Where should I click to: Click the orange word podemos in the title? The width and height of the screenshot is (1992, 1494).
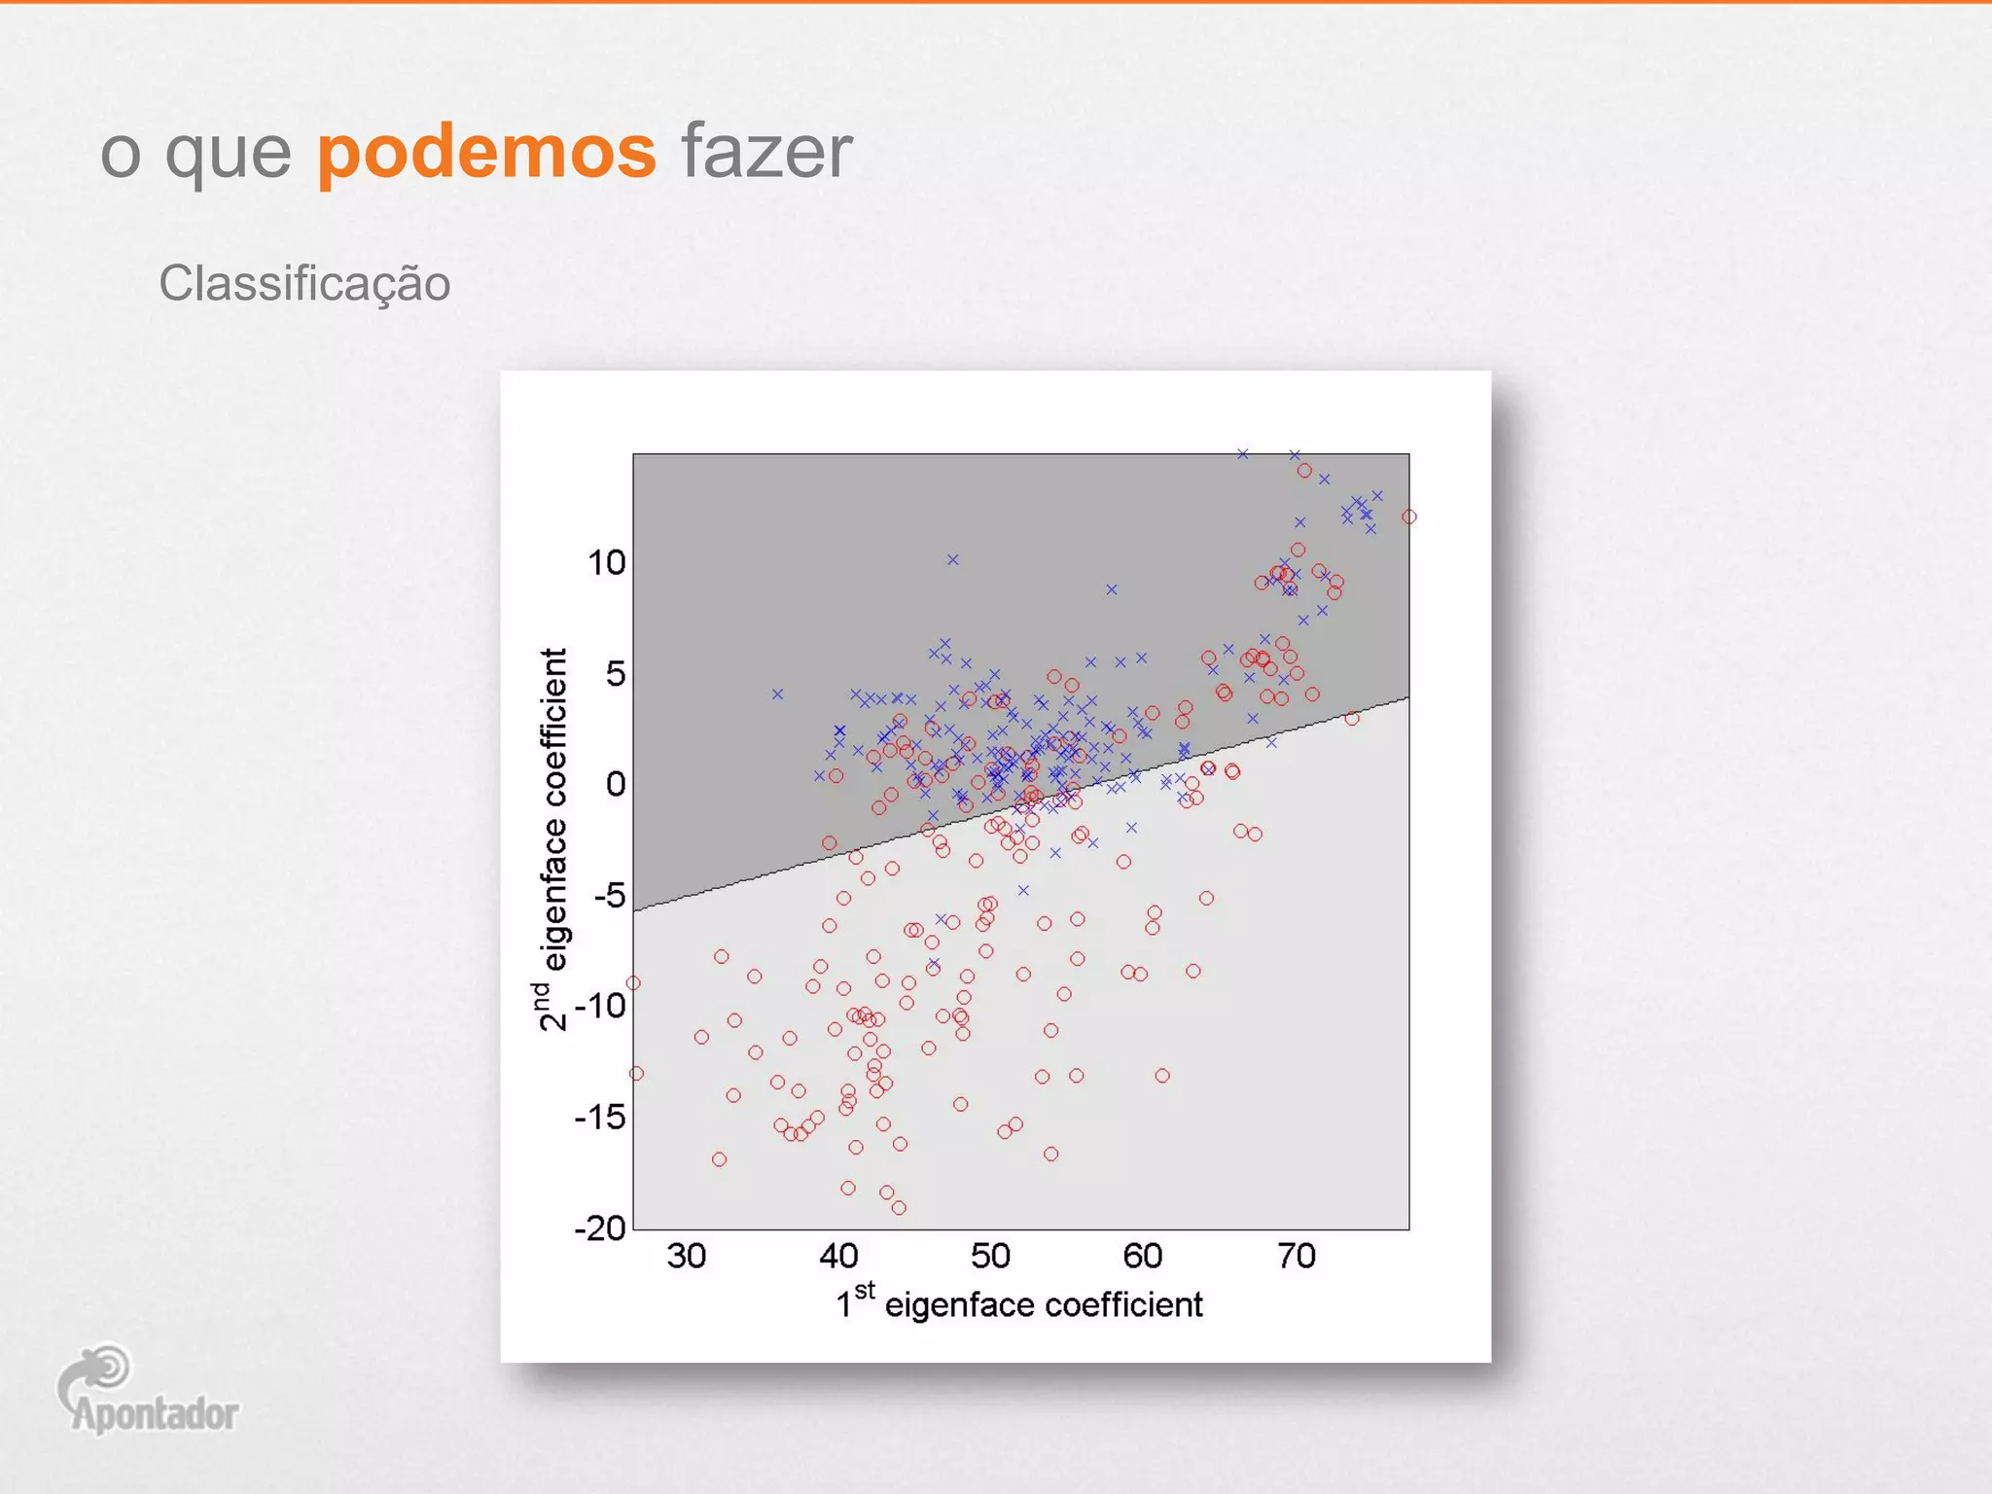(486, 153)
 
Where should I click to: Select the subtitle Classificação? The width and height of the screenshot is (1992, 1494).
(304, 284)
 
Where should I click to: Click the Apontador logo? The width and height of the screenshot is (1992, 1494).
(146, 1391)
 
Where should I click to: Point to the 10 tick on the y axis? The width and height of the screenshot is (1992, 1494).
(606, 562)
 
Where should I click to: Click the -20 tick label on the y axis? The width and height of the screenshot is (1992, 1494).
(600, 1228)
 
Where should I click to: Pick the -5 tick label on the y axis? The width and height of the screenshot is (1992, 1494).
(610, 895)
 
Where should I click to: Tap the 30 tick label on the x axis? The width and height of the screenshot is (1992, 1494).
(686, 1256)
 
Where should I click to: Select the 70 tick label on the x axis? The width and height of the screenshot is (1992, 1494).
(1296, 1256)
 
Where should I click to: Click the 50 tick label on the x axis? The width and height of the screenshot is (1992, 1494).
(990, 1256)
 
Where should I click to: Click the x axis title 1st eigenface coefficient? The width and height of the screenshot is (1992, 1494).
(1019, 1303)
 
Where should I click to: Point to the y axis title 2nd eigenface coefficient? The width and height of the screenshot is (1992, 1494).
(551, 838)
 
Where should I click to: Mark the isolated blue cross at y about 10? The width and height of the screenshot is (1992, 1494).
(953, 559)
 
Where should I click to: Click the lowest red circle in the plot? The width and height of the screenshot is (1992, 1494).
(899, 1208)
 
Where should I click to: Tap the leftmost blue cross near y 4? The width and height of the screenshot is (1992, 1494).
(777, 694)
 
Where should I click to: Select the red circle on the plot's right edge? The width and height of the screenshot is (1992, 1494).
(1409, 516)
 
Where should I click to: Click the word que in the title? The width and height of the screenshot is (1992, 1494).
(228, 153)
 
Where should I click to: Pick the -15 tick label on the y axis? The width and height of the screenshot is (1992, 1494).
(600, 1118)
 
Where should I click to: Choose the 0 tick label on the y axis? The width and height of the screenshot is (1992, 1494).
(616, 784)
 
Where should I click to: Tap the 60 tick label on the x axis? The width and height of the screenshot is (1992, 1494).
(1143, 1256)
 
